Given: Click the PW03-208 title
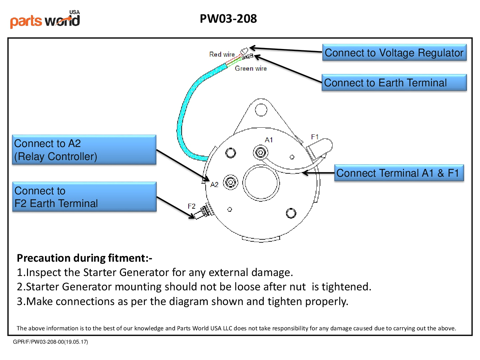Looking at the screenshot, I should coord(228,19).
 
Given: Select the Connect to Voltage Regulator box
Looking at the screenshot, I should coord(394,53).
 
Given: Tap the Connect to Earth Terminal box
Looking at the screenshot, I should coord(394,83).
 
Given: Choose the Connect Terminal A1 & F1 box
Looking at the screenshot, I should coord(399,173).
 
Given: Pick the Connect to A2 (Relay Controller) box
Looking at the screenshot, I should coord(84,150).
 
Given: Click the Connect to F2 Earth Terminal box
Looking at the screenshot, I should coord(84,197).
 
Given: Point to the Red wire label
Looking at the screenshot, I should coord(222,54).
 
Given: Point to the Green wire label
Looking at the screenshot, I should coord(251,69).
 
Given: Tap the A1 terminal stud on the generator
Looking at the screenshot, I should coord(260,153).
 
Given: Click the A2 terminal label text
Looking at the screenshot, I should coord(214,185).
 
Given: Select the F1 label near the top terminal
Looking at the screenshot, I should coord(315,137).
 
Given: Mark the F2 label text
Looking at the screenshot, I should coord(191,206).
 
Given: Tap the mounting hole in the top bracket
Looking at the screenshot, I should coord(261,109).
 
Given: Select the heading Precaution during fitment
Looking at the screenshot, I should coord(84,258).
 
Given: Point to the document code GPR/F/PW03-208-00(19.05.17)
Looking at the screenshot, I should coord(50,342).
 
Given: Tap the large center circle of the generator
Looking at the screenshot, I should coord(261,183).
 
